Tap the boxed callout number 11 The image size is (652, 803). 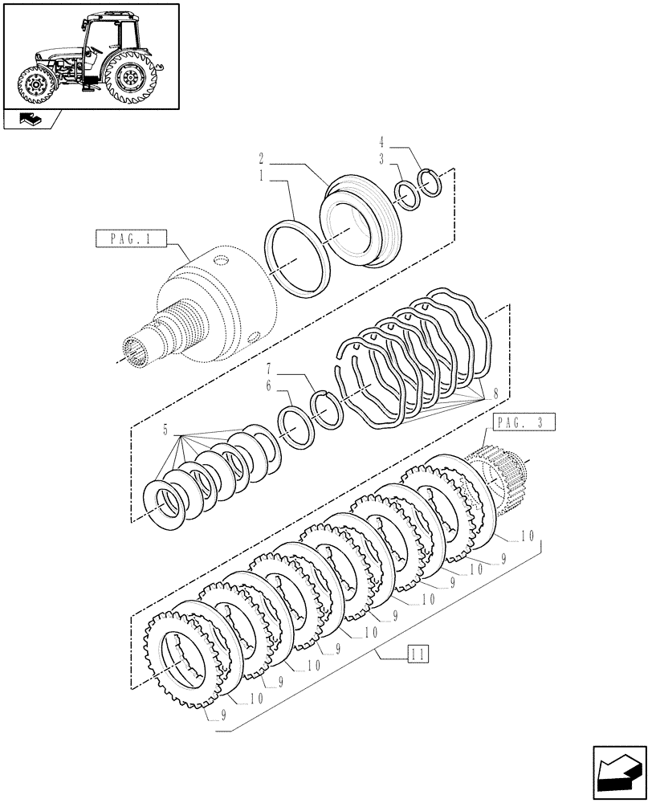pos(416,652)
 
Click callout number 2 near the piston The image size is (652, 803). pos(263,158)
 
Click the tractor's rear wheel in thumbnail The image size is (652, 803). pos(128,78)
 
